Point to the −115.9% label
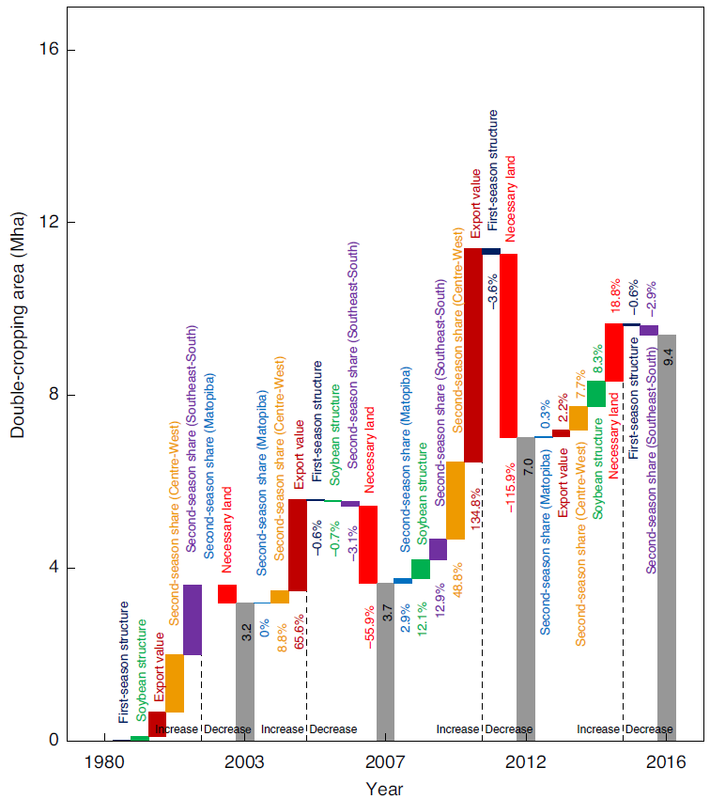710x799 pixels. (x=509, y=487)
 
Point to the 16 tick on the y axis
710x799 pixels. (x=43, y=50)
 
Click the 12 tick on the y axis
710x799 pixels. (x=43, y=223)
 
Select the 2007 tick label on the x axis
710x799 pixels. (x=385, y=762)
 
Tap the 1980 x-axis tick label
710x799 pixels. (x=104, y=762)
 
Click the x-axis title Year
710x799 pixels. (x=385, y=789)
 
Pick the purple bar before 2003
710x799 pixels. (x=193, y=619)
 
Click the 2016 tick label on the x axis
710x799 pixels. (x=667, y=762)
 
